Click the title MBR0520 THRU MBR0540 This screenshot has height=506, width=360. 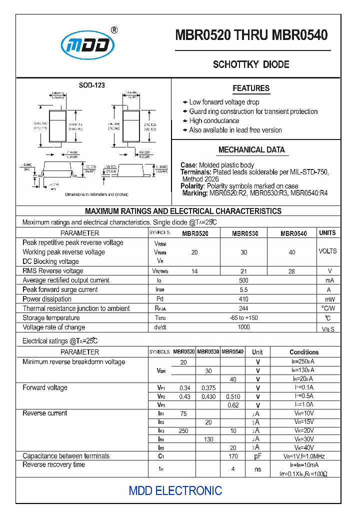coord(251,34)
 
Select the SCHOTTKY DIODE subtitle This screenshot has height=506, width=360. coord(251,64)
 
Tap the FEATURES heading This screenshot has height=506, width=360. coord(251,88)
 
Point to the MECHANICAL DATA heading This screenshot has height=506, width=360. coord(251,149)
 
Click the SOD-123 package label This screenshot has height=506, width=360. coord(91,85)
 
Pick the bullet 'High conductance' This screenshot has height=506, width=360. coord(214,121)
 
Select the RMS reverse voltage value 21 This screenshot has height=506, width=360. coord(243,271)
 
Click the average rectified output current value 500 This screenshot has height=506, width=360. coord(243,280)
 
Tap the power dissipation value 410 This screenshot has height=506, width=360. coord(243,299)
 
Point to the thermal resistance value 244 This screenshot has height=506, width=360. coord(243,308)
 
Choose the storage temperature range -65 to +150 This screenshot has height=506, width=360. coord(243,318)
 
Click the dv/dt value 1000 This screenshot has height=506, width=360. coord(243,327)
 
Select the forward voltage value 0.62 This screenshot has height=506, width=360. coord(233,405)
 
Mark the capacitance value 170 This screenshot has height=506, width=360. coord(233,456)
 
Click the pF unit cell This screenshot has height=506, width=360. coord(257,456)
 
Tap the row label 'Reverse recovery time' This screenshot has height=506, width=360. coord(53,465)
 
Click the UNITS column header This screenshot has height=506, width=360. coord(327,233)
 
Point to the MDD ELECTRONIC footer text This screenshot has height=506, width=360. coord(175,490)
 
